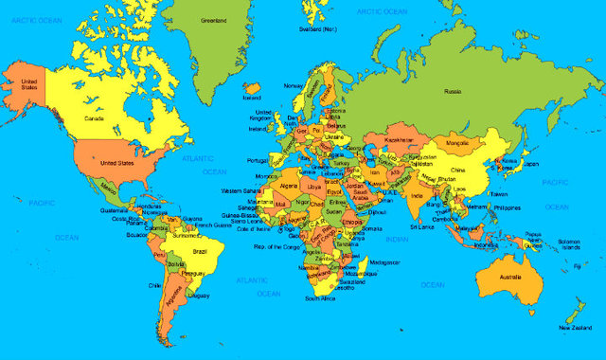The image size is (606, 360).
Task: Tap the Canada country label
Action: click(95, 119)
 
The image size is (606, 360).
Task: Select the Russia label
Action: click(454, 92)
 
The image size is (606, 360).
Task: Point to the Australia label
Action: click(511, 276)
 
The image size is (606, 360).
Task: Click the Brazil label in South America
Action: click(199, 251)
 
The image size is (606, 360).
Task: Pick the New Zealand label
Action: click(576, 328)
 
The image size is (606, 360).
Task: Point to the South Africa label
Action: click(319, 298)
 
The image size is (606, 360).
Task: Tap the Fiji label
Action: click(577, 266)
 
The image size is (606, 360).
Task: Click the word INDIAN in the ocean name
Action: click(398, 240)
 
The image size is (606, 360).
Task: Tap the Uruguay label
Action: click(200, 295)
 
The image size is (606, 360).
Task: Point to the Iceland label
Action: click(251, 97)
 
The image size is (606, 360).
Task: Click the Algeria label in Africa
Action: click(288, 186)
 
